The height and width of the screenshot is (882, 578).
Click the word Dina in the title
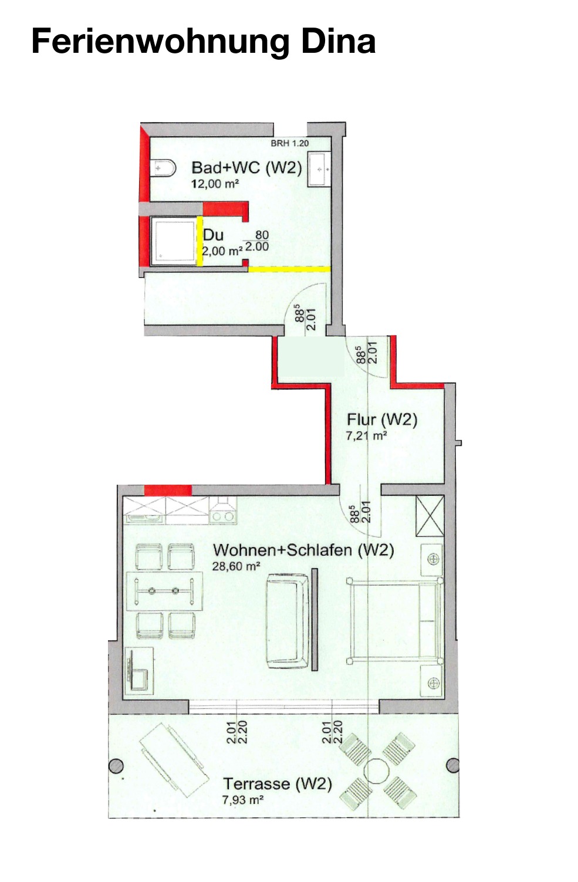(338, 41)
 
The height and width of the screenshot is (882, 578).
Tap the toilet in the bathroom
(163, 169)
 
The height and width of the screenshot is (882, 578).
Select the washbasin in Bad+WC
(319, 170)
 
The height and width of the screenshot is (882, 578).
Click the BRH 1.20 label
(289, 143)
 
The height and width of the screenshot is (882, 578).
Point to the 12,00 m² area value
(215, 184)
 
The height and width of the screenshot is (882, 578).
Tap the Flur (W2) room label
(381, 420)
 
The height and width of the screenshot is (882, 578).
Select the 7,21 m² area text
(365, 436)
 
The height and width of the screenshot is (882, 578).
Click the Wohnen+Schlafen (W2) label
(303, 550)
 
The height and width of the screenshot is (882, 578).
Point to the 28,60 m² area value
(236, 566)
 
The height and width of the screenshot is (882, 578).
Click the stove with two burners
(222, 510)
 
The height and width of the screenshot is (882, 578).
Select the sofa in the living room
(287, 621)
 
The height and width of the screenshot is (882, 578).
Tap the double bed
(394, 621)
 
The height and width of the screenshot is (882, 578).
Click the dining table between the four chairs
(164, 591)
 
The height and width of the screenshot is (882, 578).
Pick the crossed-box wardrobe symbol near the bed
(430, 516)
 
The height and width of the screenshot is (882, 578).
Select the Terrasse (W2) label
(277, 783)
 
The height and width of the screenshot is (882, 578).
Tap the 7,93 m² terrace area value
(242, 800)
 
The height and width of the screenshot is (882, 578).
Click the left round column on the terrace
(116, 766)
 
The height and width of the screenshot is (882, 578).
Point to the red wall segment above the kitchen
(168, 490)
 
